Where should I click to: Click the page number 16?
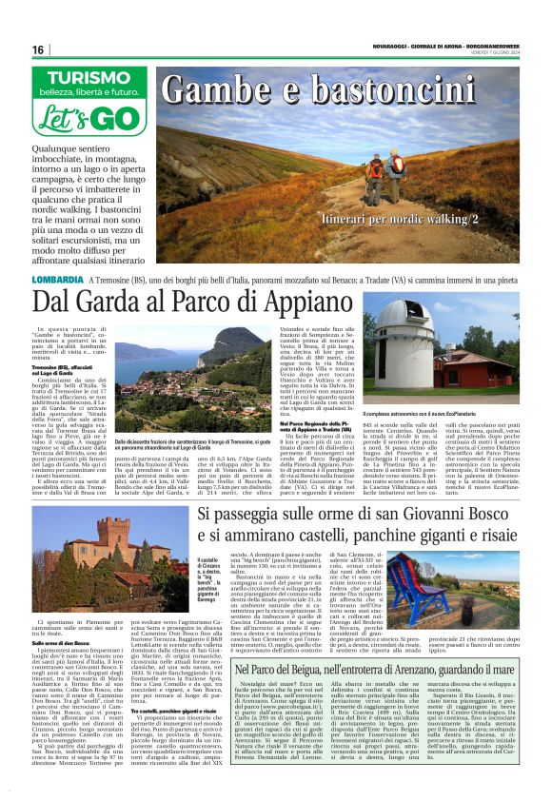[38, 49]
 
